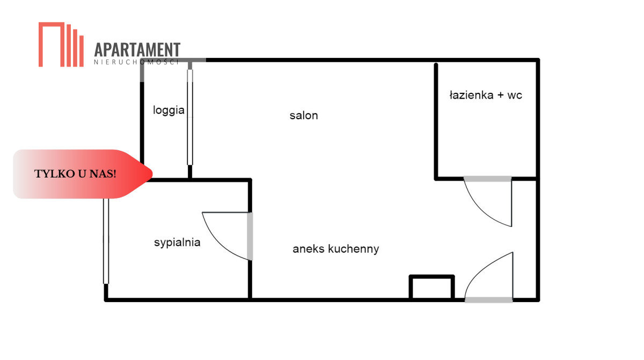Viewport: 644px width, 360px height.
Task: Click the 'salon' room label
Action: [x=304, y=115]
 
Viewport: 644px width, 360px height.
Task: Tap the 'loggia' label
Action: [x=169, y=111]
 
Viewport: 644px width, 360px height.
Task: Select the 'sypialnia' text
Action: [x=177, y=243]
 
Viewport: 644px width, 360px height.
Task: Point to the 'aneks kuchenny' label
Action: [x=335, y=249]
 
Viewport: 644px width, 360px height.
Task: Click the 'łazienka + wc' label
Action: [x=486, y=95]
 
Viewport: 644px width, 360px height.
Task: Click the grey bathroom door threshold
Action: [x=488, y=179]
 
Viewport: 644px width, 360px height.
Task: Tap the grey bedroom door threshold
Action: [x=250, y=237]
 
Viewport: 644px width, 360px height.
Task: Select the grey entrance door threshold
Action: [x=488, y=300]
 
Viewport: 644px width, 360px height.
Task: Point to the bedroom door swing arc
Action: [x=216, y=244]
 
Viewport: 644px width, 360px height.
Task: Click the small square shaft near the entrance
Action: [x=431, y=288]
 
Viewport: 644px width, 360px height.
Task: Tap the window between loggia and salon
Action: [x=190, y=117]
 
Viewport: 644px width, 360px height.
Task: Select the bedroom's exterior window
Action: [x=106, y=241]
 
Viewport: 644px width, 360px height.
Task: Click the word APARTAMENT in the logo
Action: [x=137, y=49]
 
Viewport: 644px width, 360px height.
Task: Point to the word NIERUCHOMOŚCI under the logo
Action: [x=136, y=62]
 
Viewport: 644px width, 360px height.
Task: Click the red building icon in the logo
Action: [x=61, y=45]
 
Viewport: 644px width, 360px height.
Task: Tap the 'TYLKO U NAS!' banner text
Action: [x=75, y=174]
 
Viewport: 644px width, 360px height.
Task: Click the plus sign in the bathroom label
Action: [x=501, y=95]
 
